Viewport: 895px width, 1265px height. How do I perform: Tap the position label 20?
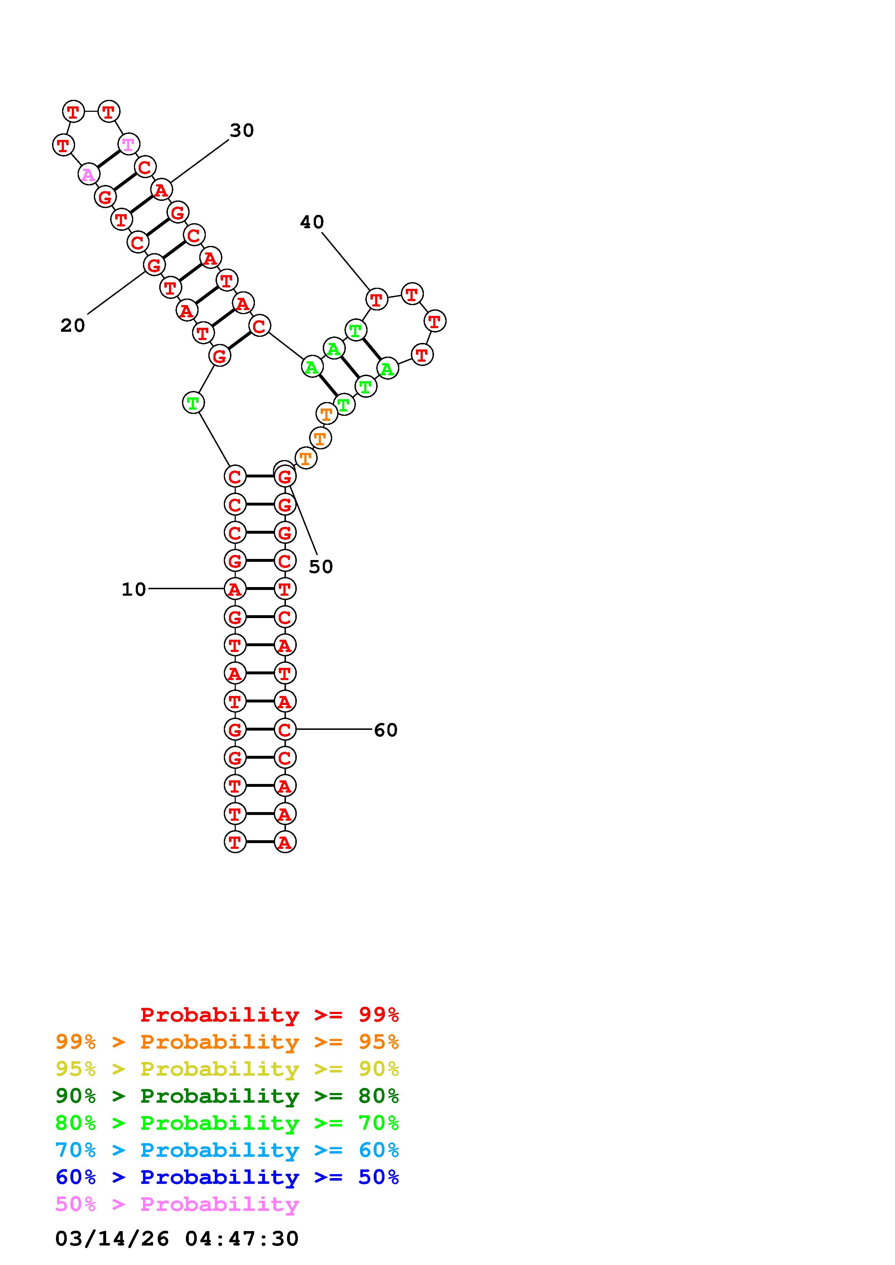point(73,326)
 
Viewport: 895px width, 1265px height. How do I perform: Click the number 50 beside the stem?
point(321,567)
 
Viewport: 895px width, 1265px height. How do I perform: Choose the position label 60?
point(386,730)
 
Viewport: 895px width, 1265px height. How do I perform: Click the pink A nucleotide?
point(88,175)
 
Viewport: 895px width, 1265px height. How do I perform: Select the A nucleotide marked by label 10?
point(235,589)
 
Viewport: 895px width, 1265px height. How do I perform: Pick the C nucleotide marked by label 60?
point(284,730)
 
